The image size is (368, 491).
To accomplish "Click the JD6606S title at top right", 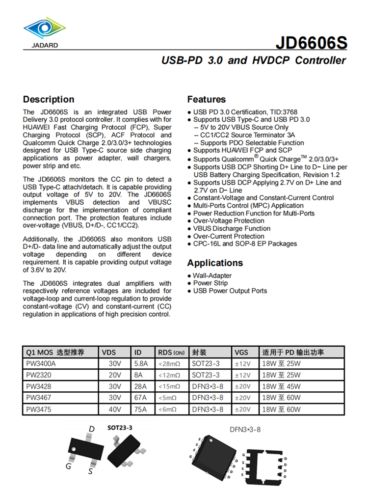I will [311, 43].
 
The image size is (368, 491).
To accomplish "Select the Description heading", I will [49, 99].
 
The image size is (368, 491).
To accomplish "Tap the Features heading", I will [207, 99].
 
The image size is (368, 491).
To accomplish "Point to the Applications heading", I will [215, 263].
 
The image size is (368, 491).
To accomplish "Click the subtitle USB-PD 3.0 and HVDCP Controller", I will [254, 61].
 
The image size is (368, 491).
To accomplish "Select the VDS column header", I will [109, 353].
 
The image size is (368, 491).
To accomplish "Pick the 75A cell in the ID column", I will [141, 409].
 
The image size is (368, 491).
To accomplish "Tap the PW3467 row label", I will [39, 398].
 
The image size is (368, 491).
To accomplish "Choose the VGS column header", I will [241, 353].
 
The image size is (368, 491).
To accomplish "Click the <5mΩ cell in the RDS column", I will [167, 398].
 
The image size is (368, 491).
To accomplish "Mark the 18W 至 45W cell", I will [282, 386].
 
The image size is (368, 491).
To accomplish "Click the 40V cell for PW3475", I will [115, 409].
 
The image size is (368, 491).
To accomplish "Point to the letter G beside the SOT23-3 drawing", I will [69, 465].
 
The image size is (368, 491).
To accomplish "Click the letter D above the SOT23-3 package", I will [91, 430].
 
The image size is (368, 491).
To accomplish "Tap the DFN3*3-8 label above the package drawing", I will [245, 430].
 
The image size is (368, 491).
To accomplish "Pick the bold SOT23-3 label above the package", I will [120, 428].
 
